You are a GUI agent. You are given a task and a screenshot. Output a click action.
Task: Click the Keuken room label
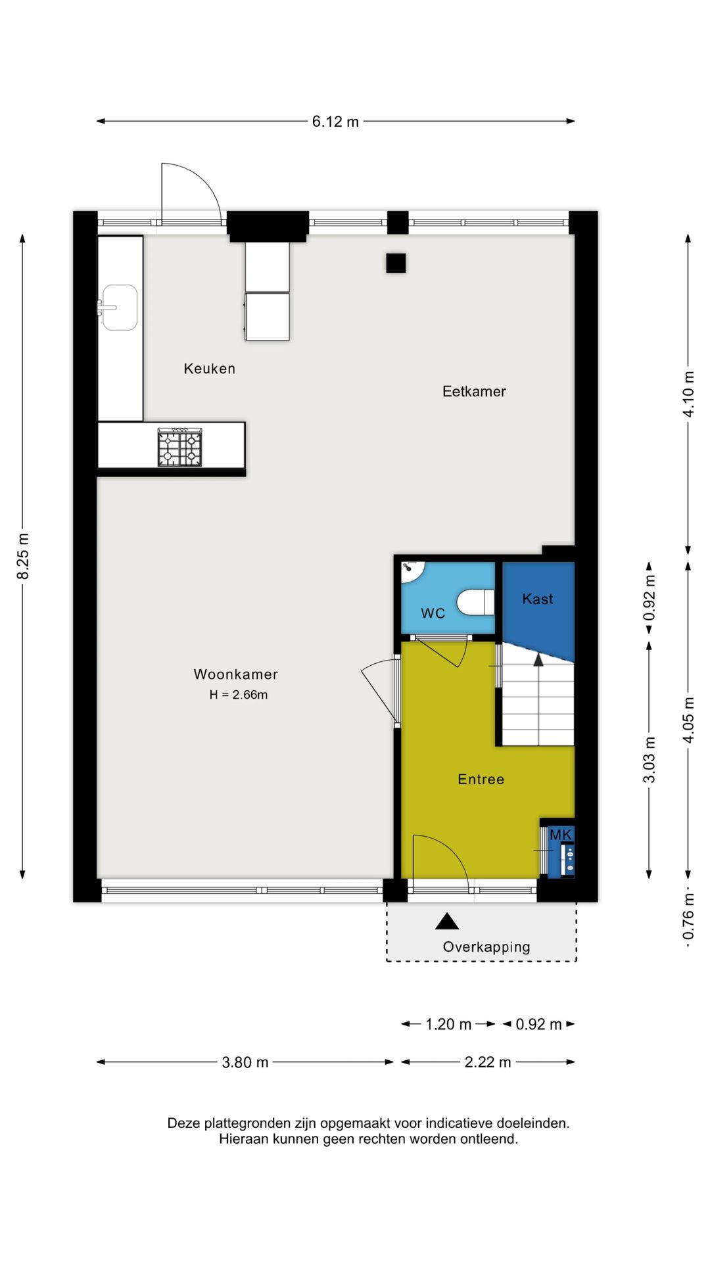click(x=209, y=369)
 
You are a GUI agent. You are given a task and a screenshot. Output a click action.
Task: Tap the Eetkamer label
click(x=474, y=392)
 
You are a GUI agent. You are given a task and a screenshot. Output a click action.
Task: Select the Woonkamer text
click(x=235, y=674)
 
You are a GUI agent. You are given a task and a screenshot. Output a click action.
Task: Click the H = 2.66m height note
click(x=238, y=695)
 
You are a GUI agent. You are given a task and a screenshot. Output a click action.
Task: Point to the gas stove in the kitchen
click(x=179, y=447)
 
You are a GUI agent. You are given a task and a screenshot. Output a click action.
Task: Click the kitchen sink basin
click(x=120, y=307)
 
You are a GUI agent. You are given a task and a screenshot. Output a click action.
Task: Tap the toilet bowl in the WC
click(x=475, y=602)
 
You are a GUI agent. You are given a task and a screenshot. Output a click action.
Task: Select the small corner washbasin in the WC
click(x=412, y=570)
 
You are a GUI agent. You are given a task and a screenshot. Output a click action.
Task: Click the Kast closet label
click(x=537, y=599)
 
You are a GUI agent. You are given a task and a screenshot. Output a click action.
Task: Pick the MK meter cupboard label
click(x=561, y=835)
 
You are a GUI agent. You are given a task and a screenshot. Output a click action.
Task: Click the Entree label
click(x=481, y=780)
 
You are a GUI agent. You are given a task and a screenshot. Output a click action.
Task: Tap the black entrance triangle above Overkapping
click(x=447, y=922)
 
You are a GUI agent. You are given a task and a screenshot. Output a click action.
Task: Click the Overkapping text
click(x=486, y=947)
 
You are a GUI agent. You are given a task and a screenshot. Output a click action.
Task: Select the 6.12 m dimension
click(x=335, y=122)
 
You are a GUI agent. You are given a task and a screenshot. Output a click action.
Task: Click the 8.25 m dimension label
click(x=23, y=556)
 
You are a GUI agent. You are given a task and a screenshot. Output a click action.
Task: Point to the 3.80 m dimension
click(x=245, y=1063)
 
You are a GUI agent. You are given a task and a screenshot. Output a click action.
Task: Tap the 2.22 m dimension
click(x=487, y=1063)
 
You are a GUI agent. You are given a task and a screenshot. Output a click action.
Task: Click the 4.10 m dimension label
click(x=688, y=394)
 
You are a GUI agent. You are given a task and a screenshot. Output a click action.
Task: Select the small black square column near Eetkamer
click(x=396, y=263)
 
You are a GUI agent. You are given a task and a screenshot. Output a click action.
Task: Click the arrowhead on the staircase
click(x=538, y=659)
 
